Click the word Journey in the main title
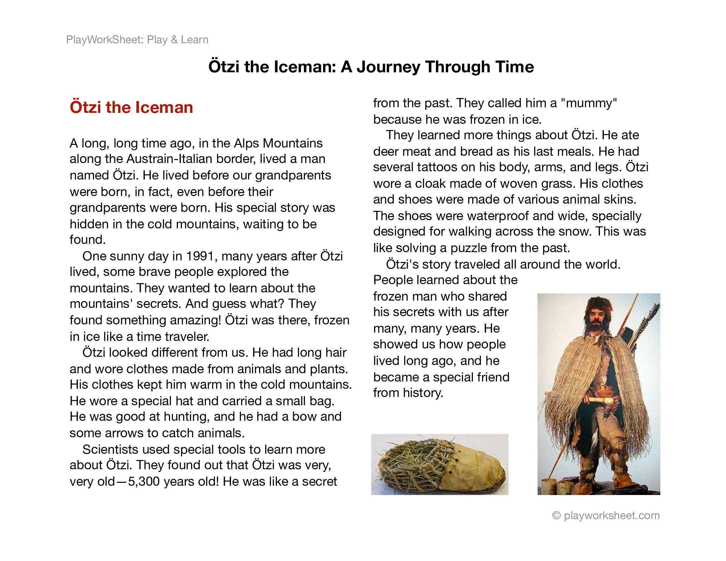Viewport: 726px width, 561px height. (388, 67)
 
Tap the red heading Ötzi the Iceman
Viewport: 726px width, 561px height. (131, 107)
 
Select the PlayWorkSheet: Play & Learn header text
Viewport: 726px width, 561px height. (137, 40)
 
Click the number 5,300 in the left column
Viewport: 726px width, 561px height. (144, 481)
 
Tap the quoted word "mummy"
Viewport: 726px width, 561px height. (589, 103)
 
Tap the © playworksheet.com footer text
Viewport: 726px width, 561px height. (606, 515)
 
